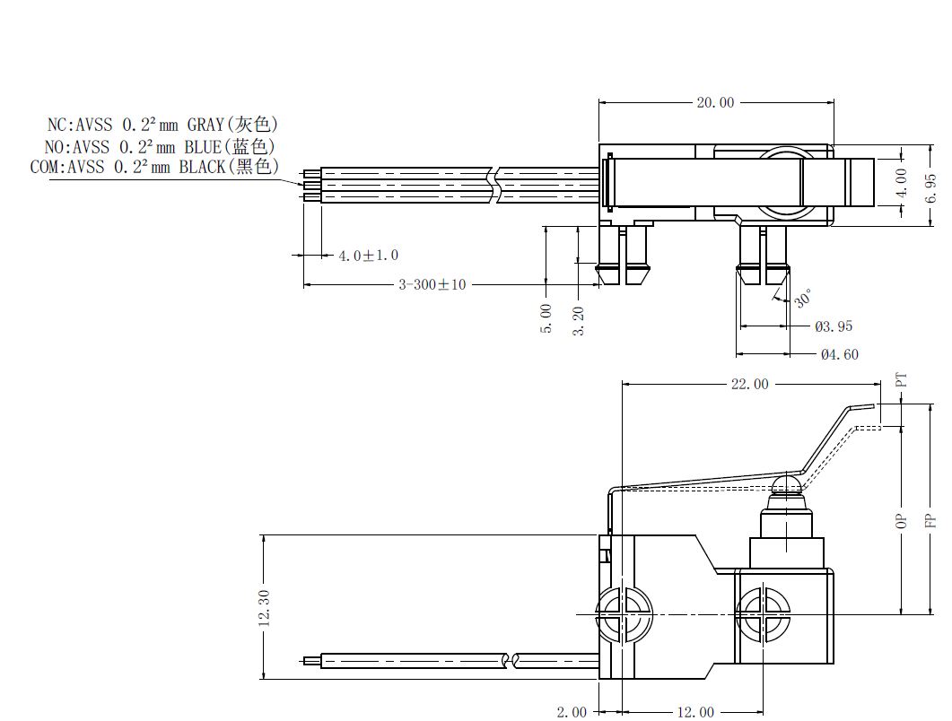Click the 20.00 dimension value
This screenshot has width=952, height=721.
pyautogui.click(x=715, y=102)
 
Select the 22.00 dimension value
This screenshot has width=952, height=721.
pyautogui.click(x=749, y=384)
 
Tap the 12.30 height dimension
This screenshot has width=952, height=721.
pyautogui.click(x=264, y=607)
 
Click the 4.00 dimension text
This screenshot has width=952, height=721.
pyautogui.click(x=902, y=183)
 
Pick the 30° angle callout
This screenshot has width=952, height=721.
pyautogui.click(x=803, y=299)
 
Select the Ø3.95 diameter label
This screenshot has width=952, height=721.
pyautogui.click(x=834, y=326)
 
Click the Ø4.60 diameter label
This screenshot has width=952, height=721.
pyautogui.click(x=840, y=354)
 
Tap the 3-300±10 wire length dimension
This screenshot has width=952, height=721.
pyautogui.click(x=432, y=284)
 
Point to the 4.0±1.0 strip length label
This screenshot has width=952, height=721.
pyautogui.click(x=369, y=256)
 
